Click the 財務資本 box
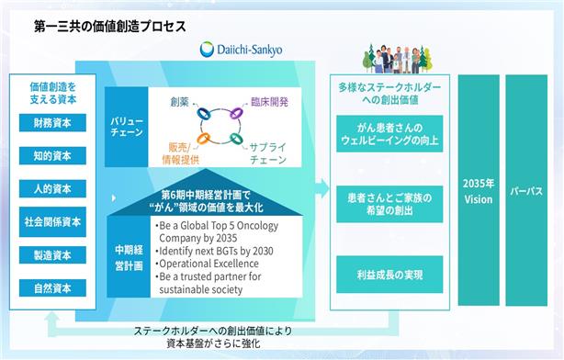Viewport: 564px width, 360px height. pyautogui.click(x=52, y=123)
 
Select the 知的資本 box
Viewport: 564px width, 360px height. pyautogui.click(x=52, y=156)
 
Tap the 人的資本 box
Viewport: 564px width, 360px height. pyautogui.click(x=52, y=189)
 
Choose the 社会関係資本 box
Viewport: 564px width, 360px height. pyautogui.click(x=52, y=222)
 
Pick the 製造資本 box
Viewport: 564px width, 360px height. pyautogui.click(x=52, y=255)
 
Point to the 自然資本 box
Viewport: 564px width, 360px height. pyautogui.click(x=52, y=288)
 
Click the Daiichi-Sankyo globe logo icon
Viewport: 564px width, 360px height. pyautogui.click(x=207, y=50)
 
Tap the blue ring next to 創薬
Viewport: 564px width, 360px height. pyautogui.click(x=204, y=113)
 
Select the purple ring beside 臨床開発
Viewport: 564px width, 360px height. pyautogui.click(x=236, y=113)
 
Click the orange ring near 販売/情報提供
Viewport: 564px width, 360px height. pyautogui.click(x=204, y=138)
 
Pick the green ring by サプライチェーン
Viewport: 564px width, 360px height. pyautogui.click(x=235, y=139)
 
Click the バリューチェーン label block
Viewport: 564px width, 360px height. pyautogui.click(x=127, y=127)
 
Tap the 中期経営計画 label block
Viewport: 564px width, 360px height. pyautogui.click(x=129, y=257)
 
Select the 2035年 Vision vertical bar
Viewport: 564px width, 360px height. pyautogui.click(x=479, y=190)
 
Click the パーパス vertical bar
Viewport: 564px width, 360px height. pyautogui.click(x=526, y=190)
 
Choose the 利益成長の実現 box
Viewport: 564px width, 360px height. pyautogui.click(x=389, y=275)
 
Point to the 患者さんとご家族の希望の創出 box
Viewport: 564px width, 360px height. pyautogui.click(x=389, y=204)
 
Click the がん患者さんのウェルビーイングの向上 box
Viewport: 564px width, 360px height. pyautogui.click(x=389, y=134)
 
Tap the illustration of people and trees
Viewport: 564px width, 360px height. pyautogui.click(x=397, y=59)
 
